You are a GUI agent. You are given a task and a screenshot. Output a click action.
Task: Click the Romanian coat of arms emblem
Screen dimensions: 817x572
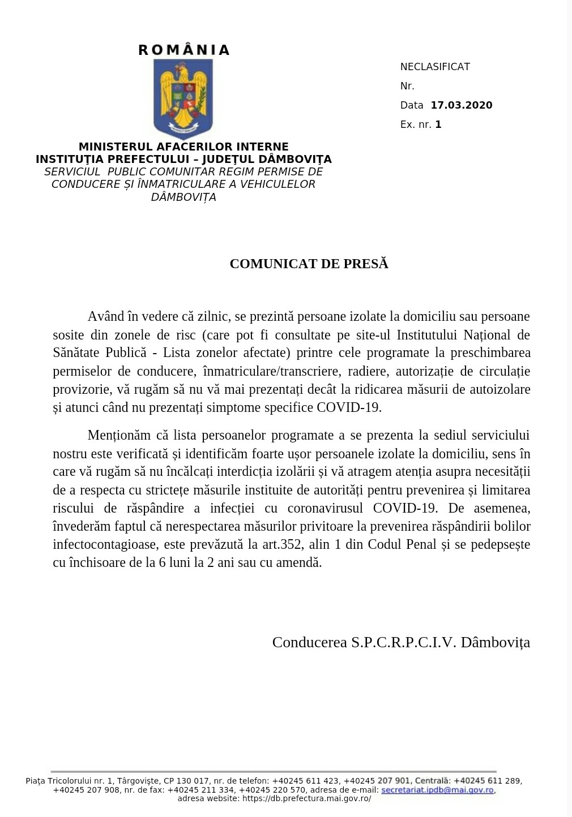[x=183, y=99]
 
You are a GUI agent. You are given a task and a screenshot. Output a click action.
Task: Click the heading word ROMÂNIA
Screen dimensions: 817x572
[x=183, y=50]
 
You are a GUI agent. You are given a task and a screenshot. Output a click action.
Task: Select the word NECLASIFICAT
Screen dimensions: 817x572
[x=435, y=67]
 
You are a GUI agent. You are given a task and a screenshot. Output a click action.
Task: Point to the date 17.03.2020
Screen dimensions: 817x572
[x=462, y=105]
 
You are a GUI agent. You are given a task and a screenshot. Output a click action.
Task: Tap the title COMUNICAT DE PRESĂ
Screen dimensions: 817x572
[x=309, y=264]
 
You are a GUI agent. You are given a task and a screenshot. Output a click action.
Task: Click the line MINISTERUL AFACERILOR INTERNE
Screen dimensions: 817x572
[x=183, y=147]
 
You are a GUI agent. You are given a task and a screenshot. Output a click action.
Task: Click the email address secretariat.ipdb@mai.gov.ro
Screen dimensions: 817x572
[x=438, y=790]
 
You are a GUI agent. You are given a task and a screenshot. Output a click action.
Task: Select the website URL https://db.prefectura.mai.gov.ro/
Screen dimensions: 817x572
[x=306, y=798]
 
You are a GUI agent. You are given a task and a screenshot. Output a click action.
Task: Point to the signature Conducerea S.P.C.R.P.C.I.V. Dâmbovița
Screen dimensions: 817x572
[x=401, y=642]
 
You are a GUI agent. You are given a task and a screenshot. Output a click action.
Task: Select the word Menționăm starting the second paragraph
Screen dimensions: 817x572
[x=119, y=435]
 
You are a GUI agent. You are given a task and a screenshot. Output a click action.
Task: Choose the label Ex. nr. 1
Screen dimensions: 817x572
[x=421, y=124]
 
